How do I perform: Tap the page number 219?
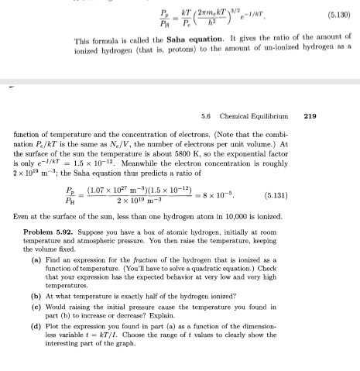[x=310, y=116]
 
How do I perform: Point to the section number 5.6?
[x=207, y=116]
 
